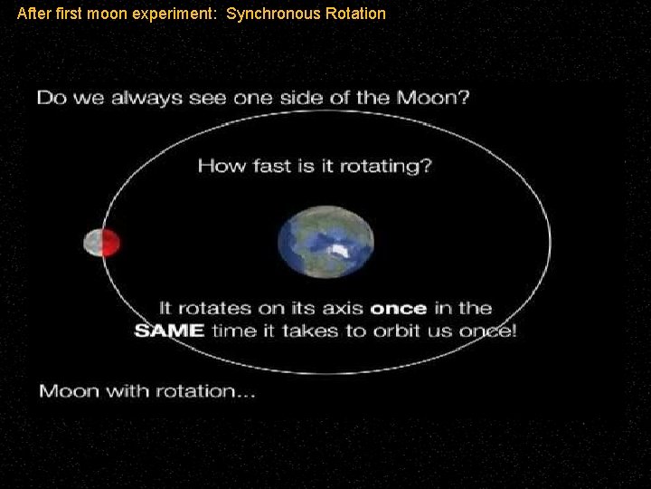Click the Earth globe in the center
(x=325, y=242)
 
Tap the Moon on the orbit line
(x=101, y=243)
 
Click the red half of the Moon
(x=109, y=243)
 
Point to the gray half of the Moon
(x=92, y=243)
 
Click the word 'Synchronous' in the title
(x=264, y=14)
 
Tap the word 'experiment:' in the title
(x=181, y=14)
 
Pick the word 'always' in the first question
(x=137, y=98)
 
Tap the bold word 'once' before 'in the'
(x=398, y=308)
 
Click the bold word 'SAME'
(x=168, y=331)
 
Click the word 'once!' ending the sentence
(x=487, y=331)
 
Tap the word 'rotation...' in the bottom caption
(x=207, y=391)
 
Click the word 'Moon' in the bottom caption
(x=70, y=391)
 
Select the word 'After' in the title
(x=33, y=14)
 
